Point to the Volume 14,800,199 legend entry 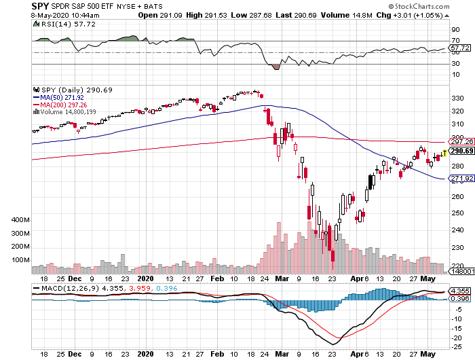69,111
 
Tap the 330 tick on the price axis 457,98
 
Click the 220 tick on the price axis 457,266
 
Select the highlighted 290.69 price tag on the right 461,151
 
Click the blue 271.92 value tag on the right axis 461,179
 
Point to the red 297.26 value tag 461,142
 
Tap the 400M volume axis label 21,221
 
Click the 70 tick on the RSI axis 455,41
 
